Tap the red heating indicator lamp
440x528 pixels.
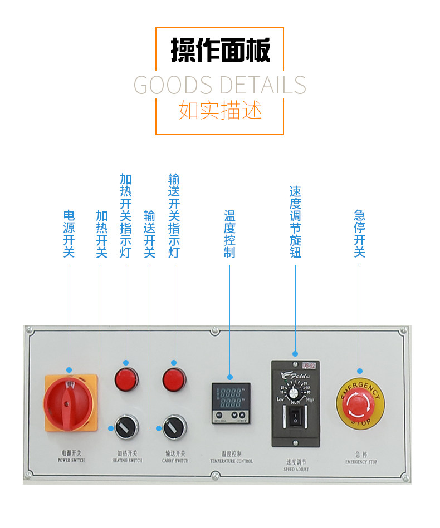pyautogui.click(x=126, y=380)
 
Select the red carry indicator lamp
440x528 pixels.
pyautogui.click(x=174, y=380)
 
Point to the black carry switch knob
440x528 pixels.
pyautogui.click(x=174, y=427)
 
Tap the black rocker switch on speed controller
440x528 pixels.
pyautogui.click(x=295, y=418)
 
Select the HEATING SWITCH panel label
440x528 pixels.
pyautogui.click(x=127, y=457)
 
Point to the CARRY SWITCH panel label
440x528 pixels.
pyautogui.click(x=175, y=457)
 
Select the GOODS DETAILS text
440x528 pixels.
pyautogui.click(x=220, y=85)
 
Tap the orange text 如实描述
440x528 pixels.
pyautogui.click(x=220, y=110)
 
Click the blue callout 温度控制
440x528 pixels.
pyautogui.click(x=230, y=234)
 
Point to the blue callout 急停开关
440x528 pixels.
pyautogui.click(x=360, y=234)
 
